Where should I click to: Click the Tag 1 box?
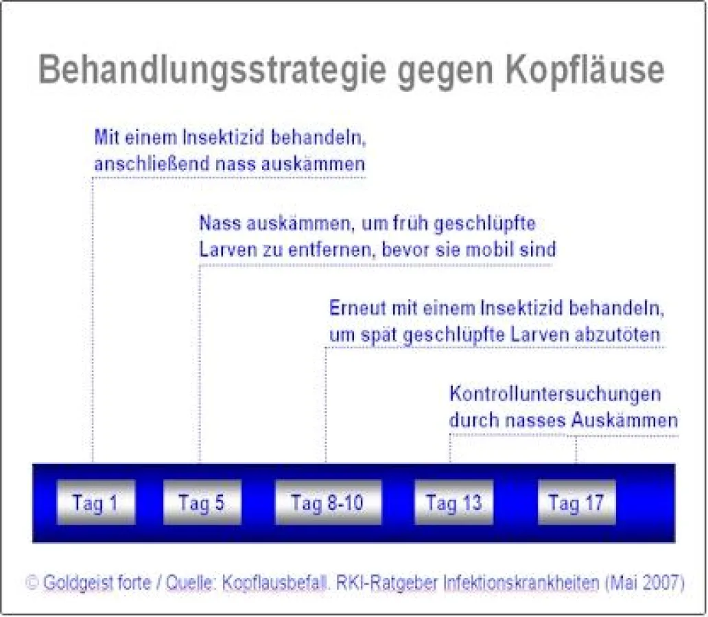(x=95, y=503)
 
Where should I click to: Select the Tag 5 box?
(x=202, y=503)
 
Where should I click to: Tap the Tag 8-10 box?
(x=327, y=503)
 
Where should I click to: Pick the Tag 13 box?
(x=453, y=503)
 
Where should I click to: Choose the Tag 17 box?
(x=576, y=503)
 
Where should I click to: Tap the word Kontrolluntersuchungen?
(x=555, y=395)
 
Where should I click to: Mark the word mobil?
(x=491, y=250)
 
